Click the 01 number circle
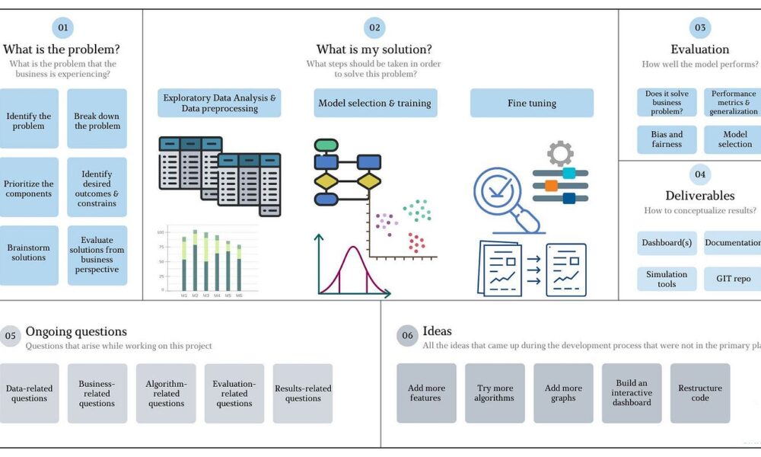(62, 28)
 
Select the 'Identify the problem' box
(29, 121)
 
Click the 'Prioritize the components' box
(29, 188)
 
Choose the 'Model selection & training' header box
(374, 103)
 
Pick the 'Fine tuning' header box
(531, 103)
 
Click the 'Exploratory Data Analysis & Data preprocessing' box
(219, 103)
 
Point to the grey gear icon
(560, 152)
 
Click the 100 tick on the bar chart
(161, 232)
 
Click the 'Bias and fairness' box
(667, 139)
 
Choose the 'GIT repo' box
(733, 279)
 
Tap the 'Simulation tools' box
(667, 279)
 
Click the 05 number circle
(10, 335)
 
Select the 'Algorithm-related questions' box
(166, 393)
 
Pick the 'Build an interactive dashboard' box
(632, 393)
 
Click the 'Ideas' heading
(438, 331)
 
